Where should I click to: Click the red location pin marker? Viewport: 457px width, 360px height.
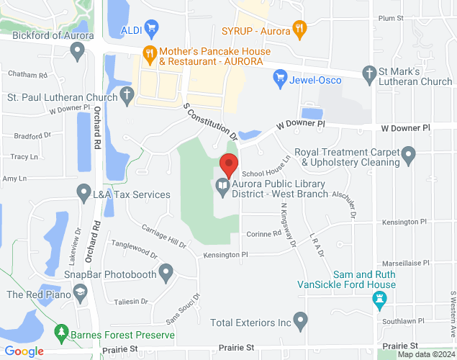(229, 165)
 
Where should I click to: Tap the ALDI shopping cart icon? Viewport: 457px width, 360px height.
(150, 29)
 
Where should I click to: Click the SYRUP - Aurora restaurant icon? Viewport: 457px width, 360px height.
(300, 30)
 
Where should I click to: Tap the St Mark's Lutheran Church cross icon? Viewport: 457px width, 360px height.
(369, 73)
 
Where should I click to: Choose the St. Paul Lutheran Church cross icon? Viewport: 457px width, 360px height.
(127, 94)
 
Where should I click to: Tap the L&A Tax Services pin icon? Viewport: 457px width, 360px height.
(83, 192)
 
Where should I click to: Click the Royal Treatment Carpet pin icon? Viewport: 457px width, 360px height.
(409, 154)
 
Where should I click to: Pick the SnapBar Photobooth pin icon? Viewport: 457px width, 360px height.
(166, 272)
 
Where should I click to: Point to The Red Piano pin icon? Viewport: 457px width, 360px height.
(79, 292)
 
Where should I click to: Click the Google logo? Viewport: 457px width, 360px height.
(24, 351)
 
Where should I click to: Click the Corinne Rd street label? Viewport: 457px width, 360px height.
(263, 234)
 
